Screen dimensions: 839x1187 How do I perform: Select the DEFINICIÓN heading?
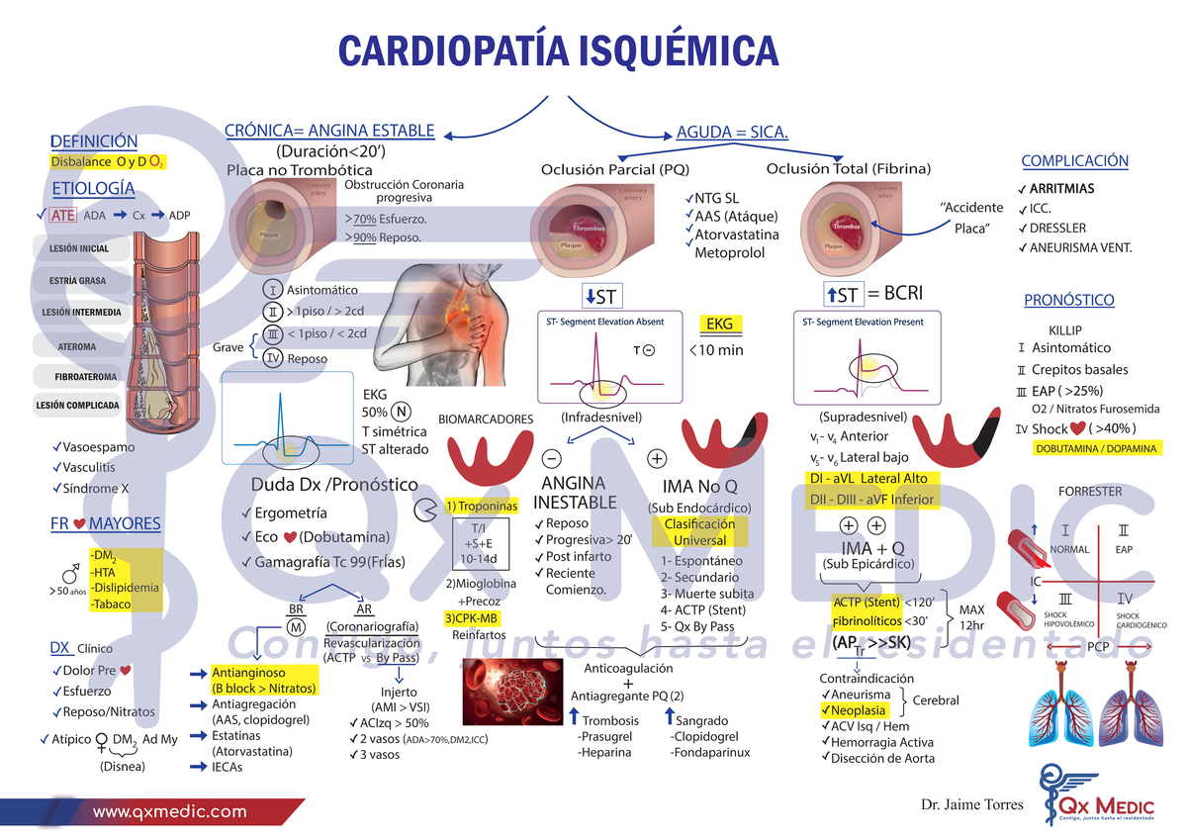click(94, 141)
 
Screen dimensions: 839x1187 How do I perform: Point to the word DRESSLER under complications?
click(1057, 228)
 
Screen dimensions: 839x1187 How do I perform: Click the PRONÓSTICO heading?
click(1068, 300)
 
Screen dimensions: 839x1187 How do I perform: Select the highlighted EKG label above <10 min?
click(719, 324)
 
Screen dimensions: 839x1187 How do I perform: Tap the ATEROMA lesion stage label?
click(77, 346)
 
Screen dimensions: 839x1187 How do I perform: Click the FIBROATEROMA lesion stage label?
click(85, 377)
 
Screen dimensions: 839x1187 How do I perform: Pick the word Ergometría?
click(291, 513)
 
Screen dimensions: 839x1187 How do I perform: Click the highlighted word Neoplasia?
click(859, 710)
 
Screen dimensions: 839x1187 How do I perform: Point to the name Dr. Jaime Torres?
click(971, 804)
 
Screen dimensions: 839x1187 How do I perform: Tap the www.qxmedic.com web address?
click(169, 811)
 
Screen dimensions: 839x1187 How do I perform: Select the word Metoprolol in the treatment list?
click(730, 253)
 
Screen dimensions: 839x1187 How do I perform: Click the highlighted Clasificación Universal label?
click(699, 532)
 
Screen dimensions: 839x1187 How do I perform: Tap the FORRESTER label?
click(1090, 491)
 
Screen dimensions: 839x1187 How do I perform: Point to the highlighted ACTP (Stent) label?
click(866, 602)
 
